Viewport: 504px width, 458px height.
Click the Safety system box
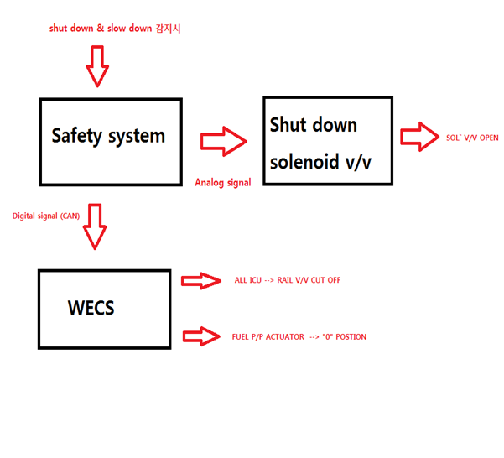coord(111,141)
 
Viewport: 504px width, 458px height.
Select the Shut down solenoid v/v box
coord(327,141)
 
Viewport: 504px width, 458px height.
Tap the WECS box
coord(105,309)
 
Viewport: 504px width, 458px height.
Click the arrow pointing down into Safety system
coord(98,67)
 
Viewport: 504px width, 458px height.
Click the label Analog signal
coord(222,182)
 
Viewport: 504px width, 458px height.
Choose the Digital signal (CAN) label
coord(46,216)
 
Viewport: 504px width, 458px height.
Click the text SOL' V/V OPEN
coord(473,138)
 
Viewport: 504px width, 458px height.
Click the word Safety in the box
coord(75,136)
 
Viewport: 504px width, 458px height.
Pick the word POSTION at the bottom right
coord(352,336)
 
